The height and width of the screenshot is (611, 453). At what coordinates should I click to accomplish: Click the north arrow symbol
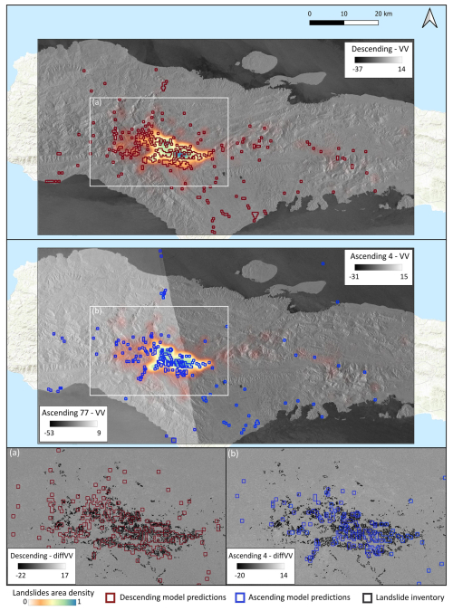(x=429, y=15)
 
